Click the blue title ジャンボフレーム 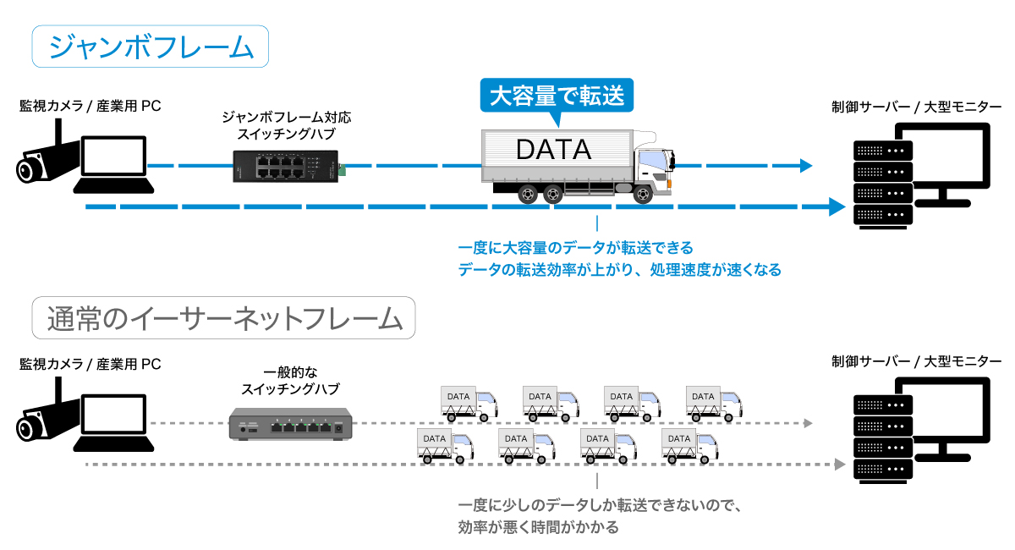[x=151, y=47]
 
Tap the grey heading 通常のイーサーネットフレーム [x=224, y=318]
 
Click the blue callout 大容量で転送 [x=557, y=96]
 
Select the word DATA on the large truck [x=554, y=149]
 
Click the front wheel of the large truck [x=643, y=195]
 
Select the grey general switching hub [x=290, y=425]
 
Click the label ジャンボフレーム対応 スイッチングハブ [x=287, y=125]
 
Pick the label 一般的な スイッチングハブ [x=290, y=381]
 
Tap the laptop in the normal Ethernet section [x=113, y=422]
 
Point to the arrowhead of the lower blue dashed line [x=837, y=206]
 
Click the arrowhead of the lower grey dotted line [x=840, y=465]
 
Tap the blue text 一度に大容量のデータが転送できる [x=575, y=248]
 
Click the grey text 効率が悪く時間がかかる [x=538, y=527]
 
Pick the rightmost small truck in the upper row [x=714, y=404]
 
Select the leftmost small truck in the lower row [x=446, y=446]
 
